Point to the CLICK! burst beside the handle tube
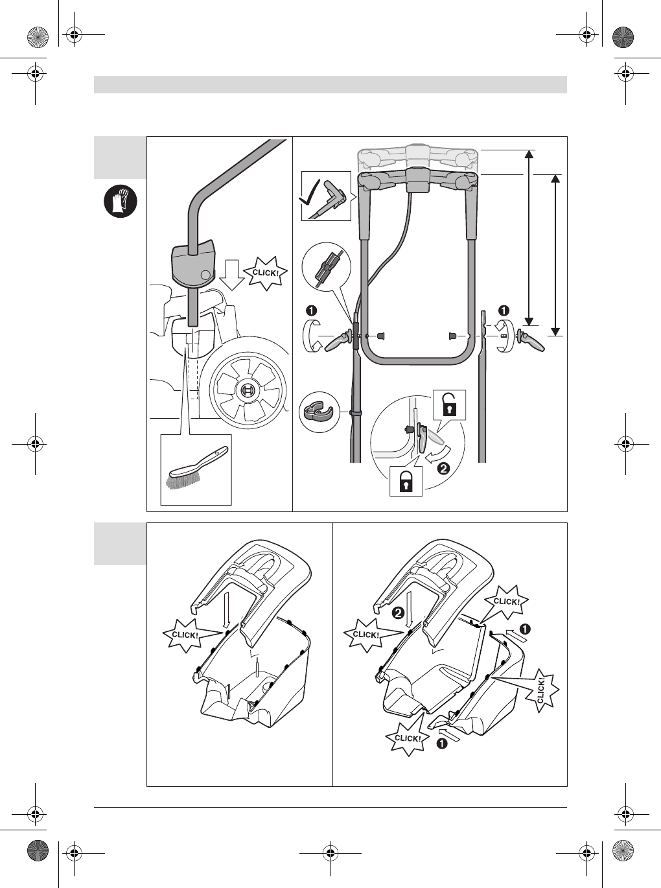pos(264,273)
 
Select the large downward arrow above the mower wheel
pos(231,275)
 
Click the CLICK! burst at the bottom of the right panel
pos(408,738)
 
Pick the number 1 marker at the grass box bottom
pos(441,743)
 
